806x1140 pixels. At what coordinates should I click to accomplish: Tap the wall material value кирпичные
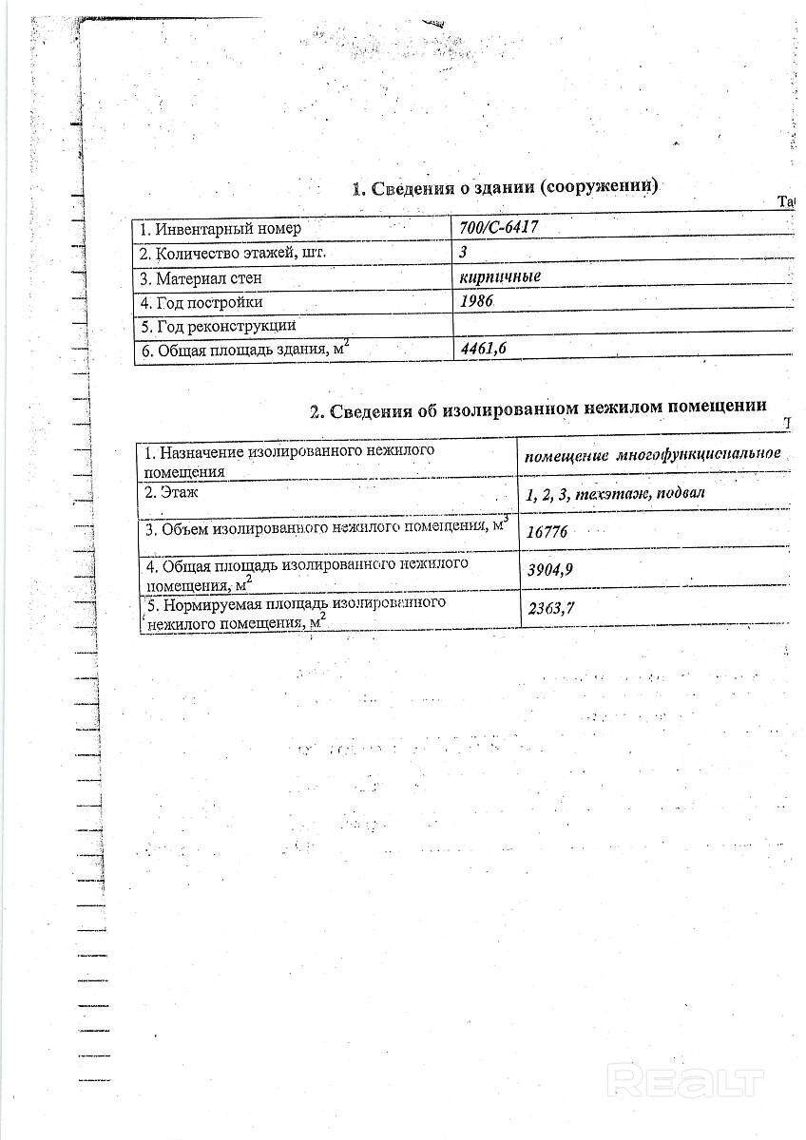tap(499, 277)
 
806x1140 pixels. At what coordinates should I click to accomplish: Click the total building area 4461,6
tap(484, 350)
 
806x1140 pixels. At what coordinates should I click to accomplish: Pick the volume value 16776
tap(547, 532)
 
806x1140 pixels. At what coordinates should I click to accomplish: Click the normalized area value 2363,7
tap(549, 610)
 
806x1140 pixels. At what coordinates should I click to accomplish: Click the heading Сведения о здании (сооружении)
tap(505, 188)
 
